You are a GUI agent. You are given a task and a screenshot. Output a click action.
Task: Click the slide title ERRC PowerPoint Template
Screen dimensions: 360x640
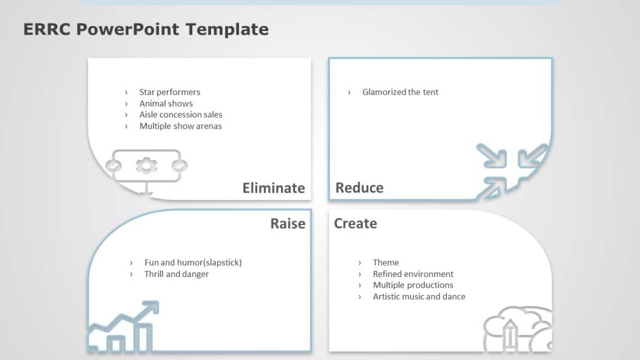[146, 29]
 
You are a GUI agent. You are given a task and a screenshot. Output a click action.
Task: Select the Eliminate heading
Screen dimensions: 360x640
[273, 188]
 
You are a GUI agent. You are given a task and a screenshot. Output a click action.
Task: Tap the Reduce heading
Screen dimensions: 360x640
[359, 188]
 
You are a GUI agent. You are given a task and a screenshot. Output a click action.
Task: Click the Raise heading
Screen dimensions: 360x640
[287, 223]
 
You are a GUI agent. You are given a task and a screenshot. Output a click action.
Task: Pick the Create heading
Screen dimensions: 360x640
[355, 223]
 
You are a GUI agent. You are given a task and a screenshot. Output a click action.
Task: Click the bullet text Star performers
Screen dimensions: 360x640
[170, 92]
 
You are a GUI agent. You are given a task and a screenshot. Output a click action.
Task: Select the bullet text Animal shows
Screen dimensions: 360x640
[166, 104]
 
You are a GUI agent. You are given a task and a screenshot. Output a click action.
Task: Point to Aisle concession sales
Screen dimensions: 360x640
[181, 115]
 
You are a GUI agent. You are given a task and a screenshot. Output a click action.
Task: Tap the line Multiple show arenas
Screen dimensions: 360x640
[181, 126]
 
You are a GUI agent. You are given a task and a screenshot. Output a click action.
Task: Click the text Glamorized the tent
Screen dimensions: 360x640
[400, 92]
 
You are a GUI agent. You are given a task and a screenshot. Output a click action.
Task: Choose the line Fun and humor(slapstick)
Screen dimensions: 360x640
[193, 262]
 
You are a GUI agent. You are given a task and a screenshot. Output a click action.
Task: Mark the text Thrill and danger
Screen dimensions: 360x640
[176, 274]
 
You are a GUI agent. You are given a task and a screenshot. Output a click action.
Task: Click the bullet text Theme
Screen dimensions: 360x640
[386, 262]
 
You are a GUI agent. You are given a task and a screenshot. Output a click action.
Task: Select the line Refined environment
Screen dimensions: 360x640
[413, 274]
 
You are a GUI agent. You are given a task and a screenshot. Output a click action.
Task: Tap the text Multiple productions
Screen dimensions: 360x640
[413, 285]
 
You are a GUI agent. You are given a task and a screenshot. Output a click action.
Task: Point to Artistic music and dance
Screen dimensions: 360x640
[419, 297]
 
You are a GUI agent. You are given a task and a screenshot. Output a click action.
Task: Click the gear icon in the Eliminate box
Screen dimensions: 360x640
[146, 165]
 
